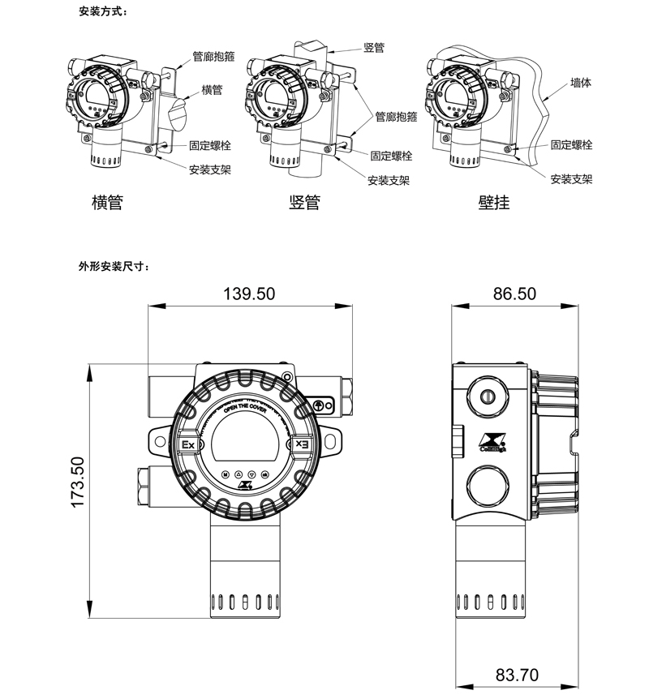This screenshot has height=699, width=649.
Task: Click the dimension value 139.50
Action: [249, 294]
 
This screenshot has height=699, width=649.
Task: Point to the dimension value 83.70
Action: [517, 674]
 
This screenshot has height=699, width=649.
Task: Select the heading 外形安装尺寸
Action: [114, 266]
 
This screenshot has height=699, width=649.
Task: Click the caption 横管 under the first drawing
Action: [107, 203]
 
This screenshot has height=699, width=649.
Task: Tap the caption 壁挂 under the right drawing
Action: [493, 203]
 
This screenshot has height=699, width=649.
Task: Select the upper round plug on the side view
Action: [488, 396]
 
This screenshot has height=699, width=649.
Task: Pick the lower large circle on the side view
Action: [488, 487]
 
